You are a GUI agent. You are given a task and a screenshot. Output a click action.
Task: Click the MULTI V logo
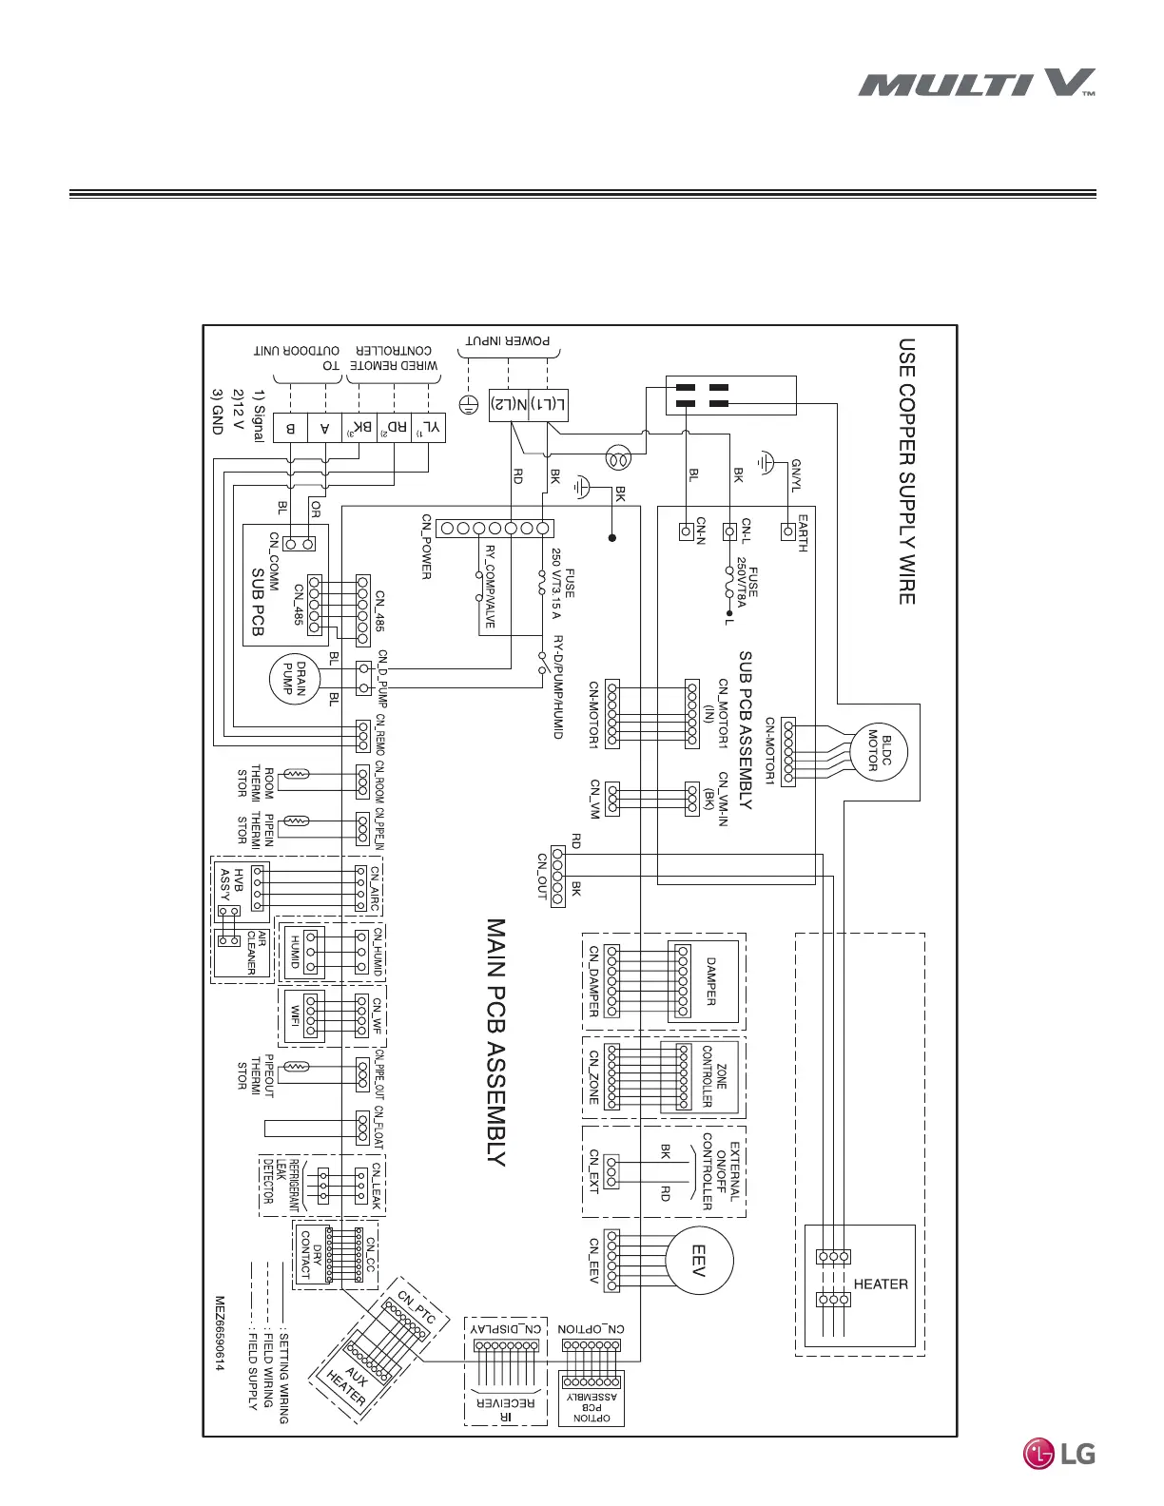pyautogui.click(x=977, y=84)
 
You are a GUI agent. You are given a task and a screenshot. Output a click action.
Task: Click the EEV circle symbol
pyautogui.click(x=699, y=1261)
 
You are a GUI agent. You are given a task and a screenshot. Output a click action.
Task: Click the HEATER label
pyautogui.click(x=881, y=1284)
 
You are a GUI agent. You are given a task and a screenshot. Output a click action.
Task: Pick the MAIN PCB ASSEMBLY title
pyautogui.click(x=495, y=1041)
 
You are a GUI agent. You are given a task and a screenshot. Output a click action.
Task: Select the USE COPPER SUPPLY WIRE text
pyautogui.click(x=907, y=472)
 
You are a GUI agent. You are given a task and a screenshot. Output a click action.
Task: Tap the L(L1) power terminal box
pyautogui.click(x=550, y=404)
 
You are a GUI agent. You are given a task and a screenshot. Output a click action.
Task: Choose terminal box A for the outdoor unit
pyautogui.click(x=325, y=428)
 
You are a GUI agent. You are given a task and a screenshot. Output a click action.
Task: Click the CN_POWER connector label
pyautogui.click(x=427, y=548)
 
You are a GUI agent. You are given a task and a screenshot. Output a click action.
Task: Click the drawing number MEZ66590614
pyautogui.click(x=219, y=1334)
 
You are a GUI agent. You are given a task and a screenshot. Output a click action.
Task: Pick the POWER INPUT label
pyautogui.click(x=508, y=340)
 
